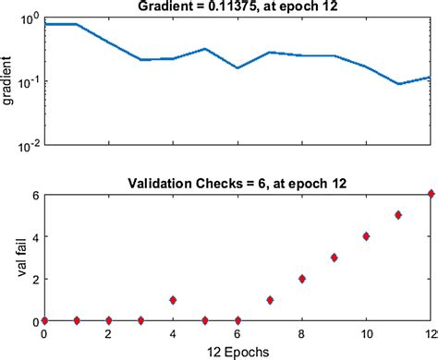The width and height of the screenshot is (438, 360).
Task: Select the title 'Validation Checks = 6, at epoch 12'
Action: [237, 181]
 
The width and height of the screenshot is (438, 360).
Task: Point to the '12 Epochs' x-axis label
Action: [237, 352]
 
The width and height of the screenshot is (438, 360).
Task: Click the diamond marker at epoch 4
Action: [173, 300]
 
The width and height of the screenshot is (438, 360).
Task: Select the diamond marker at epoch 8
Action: [302, 279]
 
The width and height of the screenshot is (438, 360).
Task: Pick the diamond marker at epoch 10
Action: [366, 236]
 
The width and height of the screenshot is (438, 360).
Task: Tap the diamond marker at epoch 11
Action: [398, 215]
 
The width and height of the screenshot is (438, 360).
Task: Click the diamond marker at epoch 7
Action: [270, 300]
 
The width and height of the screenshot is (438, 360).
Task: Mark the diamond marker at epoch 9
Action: [335, 258]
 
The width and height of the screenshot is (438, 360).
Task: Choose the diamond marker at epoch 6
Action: [237, 320]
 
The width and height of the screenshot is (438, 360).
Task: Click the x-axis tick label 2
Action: [109, 333]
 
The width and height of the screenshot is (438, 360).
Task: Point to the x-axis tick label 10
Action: [366, 333]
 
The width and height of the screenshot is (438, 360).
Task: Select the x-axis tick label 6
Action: [237, 333]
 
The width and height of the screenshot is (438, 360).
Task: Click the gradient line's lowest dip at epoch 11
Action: [398, 84]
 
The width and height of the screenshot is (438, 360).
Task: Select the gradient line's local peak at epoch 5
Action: [205, 49]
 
